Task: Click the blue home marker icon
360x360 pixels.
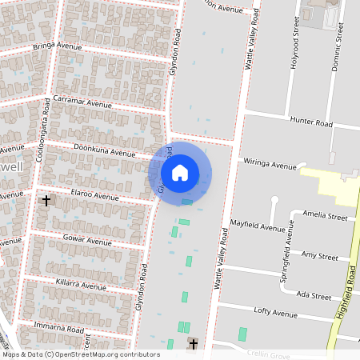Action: coord(180,172)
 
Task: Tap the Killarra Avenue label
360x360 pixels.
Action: coord(81,286)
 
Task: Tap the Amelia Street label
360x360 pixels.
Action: coord(326,216)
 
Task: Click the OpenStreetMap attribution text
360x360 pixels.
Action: coord(80,354)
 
